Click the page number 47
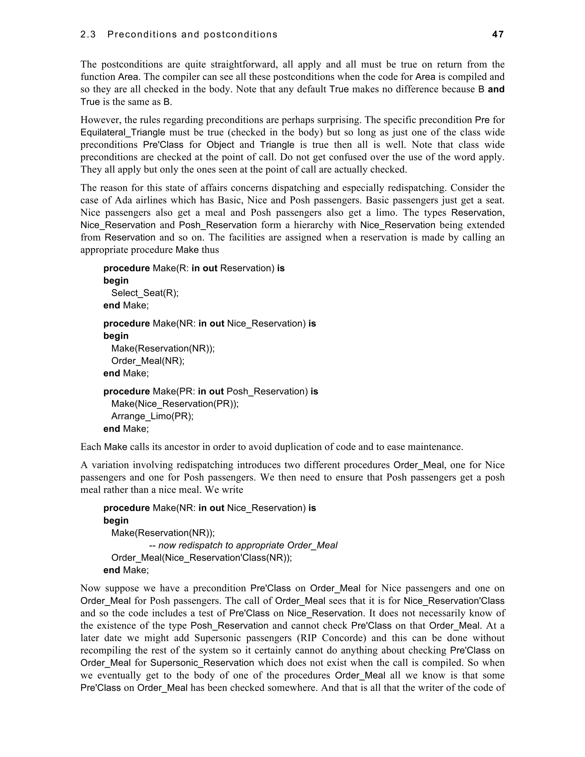click(x=498, y=34)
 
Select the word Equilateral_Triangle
click(x=123, y=133)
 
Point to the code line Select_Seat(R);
click(x=145, y=293)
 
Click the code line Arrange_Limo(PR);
click(x=152, y=416)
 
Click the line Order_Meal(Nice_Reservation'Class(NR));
click(x=201, y=558)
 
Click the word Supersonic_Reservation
click(x=202, y=663)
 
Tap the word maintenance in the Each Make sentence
click(x=434, y=447)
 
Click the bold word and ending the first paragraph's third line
click(x=496, y=89)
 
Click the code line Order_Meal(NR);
click(x=148, y=361)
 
